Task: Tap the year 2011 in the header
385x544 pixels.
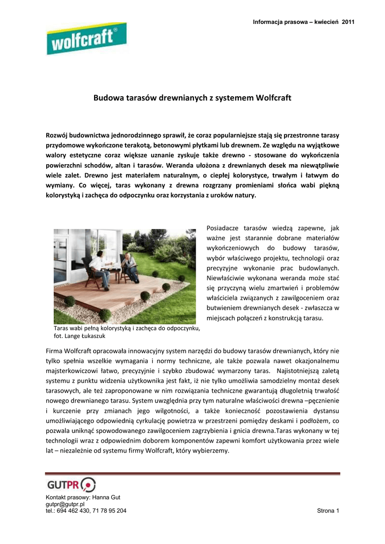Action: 348,22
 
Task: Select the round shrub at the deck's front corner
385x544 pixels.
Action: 105,314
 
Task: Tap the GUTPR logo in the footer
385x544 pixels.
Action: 72,484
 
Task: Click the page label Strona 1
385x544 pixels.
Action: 328,511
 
